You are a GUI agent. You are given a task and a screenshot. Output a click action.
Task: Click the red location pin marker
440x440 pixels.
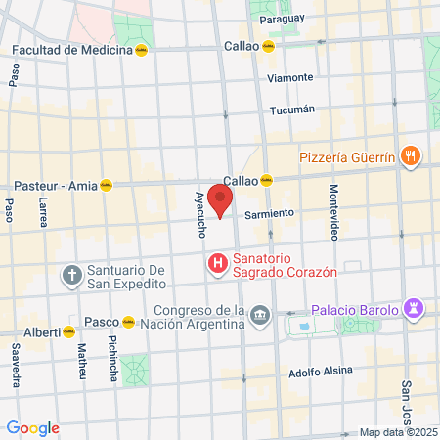pos(220,199)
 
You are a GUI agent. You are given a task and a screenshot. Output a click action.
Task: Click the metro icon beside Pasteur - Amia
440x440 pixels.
pos(106,184)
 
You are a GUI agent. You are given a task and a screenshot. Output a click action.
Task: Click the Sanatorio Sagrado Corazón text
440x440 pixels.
pos(285,264)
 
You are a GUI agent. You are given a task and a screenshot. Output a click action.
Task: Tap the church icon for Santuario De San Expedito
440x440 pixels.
pos(71,276)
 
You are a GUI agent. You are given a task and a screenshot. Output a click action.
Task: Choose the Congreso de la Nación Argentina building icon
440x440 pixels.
pos(260,315)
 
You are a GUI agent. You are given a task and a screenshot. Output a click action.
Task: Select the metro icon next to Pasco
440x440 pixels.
pos(129,321)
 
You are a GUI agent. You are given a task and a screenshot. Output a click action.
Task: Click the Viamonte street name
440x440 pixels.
pos(291,77)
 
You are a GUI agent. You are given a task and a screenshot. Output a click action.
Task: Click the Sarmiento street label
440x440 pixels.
pos(269,213)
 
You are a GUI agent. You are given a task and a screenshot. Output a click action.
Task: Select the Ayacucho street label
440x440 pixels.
pos(199,214)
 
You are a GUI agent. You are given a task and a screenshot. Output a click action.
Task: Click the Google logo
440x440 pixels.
pos(32,428)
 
